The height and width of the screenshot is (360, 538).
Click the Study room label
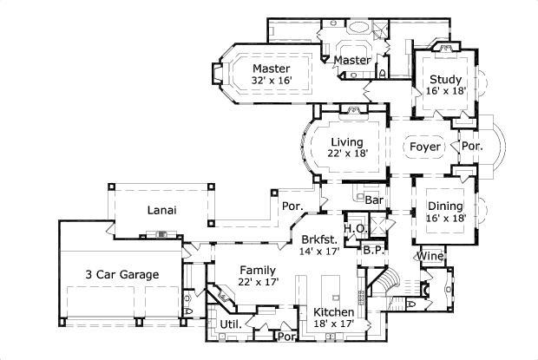(444, 81)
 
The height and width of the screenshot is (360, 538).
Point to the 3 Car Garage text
(121, 274)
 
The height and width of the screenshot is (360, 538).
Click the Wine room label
(429, 256)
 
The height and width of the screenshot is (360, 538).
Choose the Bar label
(374, 200)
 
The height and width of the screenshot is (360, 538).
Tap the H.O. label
(353, 229)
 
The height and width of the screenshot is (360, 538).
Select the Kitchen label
(333, 312)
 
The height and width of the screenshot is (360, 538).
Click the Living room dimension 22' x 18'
(346, 153)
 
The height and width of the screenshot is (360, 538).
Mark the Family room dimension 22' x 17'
(258, 282)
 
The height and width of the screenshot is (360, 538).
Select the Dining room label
(444, 206)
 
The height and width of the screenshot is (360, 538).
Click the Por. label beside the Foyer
(473, 147)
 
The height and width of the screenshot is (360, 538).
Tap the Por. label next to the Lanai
(292, 206)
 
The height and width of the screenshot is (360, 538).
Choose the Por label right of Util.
(283, 335)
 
